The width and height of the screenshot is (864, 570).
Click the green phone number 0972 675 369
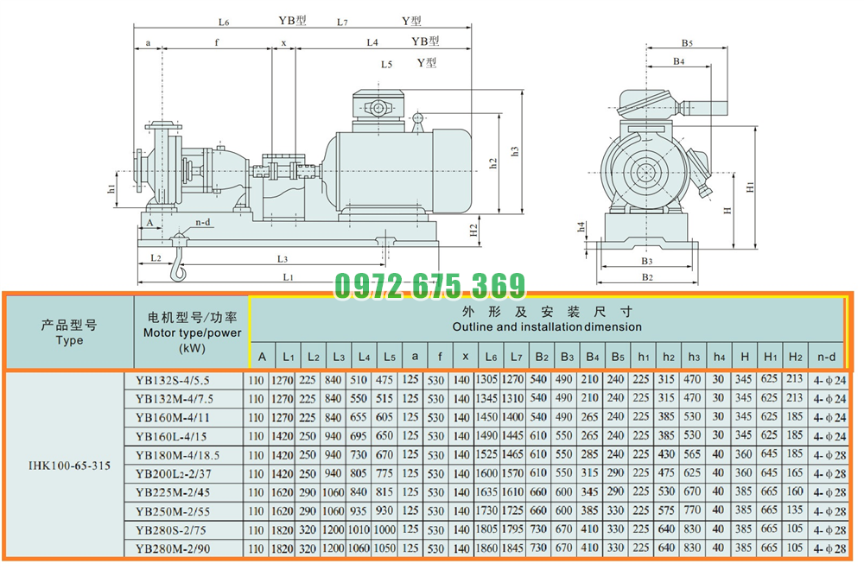click(429, 286)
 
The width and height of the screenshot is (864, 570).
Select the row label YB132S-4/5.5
click(173, 381)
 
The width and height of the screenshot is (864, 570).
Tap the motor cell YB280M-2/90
click(173, 549)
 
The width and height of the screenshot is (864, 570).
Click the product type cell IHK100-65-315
click(69, 465)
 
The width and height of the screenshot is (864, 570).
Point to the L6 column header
click(491, 357)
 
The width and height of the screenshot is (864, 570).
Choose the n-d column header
click(826, 357)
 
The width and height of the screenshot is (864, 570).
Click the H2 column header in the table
click(795, 357)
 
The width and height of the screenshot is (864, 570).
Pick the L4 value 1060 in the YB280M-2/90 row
click(359, 548)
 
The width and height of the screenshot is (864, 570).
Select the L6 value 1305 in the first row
click(486, 380)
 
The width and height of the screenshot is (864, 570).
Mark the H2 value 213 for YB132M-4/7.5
click(795, 398)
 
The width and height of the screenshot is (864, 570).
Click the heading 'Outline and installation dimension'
click(547, 326)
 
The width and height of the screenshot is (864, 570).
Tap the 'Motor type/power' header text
click(193, 332)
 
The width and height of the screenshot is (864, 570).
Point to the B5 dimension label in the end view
click(687, 42)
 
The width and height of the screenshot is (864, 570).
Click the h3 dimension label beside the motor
click(515, 151)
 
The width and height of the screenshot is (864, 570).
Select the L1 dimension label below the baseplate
click(289, 277)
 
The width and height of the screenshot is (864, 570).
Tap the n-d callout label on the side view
click(203, 223)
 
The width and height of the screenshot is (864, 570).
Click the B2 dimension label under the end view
click(647, 277)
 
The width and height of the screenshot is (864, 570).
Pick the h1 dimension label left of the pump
click(111, 188)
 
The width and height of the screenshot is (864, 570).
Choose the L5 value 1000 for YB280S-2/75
click(384, 529)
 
